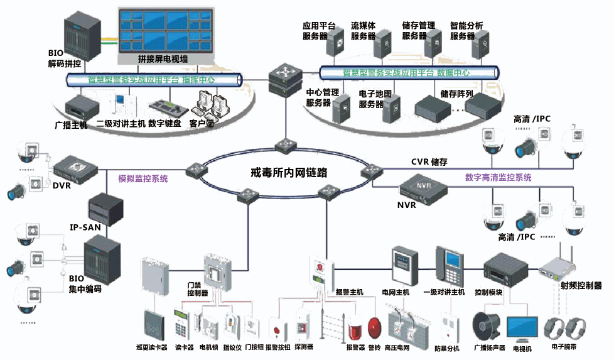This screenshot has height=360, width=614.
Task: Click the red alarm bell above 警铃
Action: click(375, 327)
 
